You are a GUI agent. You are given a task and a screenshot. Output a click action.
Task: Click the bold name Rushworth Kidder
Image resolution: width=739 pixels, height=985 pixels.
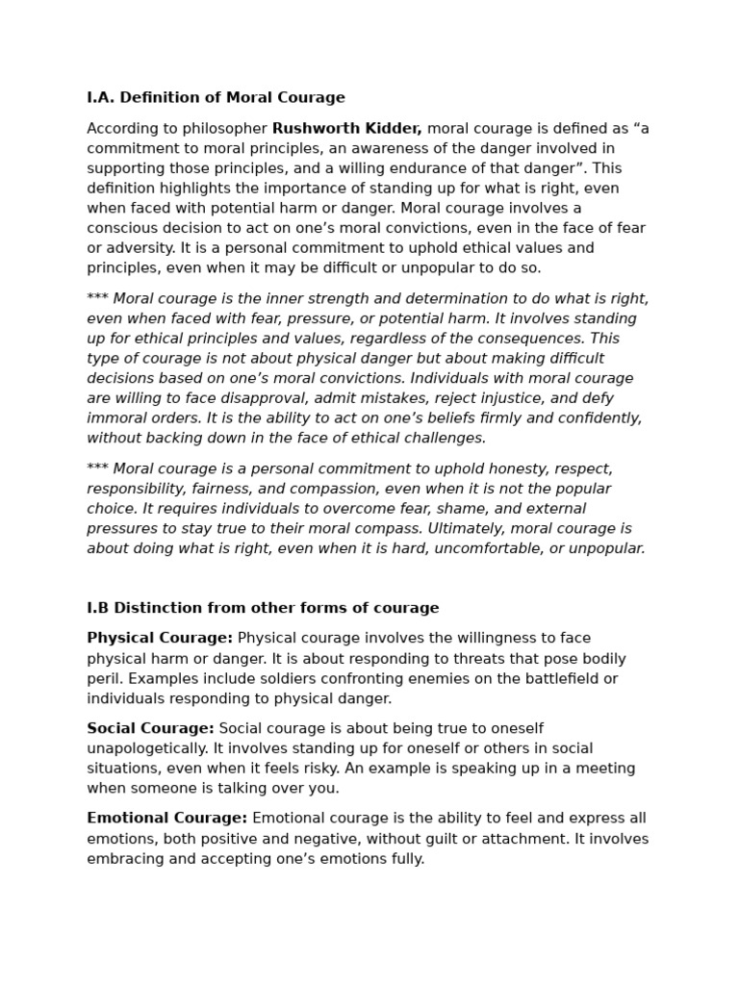346,129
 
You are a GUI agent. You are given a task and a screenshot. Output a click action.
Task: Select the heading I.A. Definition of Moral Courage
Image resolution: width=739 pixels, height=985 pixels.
216,98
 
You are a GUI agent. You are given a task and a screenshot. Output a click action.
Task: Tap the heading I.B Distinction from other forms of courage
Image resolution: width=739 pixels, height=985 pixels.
263,608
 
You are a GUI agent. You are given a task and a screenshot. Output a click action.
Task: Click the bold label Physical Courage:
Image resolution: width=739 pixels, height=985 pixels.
160,639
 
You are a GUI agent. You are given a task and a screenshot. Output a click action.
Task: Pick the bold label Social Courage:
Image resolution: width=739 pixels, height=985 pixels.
150,729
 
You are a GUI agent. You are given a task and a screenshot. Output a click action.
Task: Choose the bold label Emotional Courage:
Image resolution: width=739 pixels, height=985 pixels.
167,819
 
